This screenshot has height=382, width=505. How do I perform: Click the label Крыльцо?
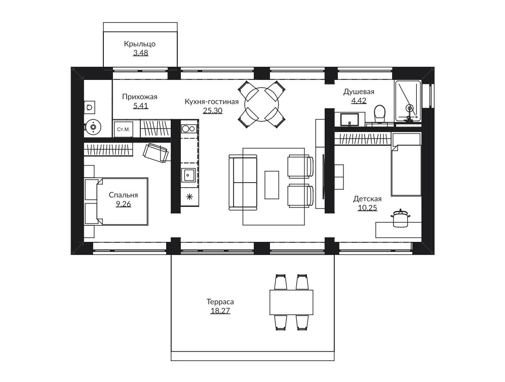[x=140, y=44]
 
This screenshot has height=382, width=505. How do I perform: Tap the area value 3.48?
[x=141, y=53]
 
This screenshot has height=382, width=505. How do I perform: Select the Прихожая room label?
[x=140, y=97]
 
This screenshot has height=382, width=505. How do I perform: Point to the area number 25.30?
[x=213, y=111]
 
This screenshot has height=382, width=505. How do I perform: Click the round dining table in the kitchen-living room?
[x=262, y=104]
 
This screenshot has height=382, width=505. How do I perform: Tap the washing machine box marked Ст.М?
[x=124, y=130]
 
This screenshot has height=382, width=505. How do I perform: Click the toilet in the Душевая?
[x=380, y=114]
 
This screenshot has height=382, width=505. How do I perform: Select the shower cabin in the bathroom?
[x=408, y=101]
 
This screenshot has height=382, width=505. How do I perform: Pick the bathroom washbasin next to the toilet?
[x=350, y=119]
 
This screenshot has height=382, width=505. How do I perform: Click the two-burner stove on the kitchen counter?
[x=189, y=129]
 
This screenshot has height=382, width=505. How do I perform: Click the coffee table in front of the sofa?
[x=272, y=185]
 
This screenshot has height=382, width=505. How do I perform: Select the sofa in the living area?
[x=243, y=182]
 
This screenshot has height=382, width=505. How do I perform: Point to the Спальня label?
[x=124, y=195]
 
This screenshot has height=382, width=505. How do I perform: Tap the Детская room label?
[x=367, y=198]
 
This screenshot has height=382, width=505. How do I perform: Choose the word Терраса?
[x=220, y=302]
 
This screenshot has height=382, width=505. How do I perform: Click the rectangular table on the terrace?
[x=291, y=302]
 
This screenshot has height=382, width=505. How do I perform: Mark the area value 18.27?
[x=220, y=311]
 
